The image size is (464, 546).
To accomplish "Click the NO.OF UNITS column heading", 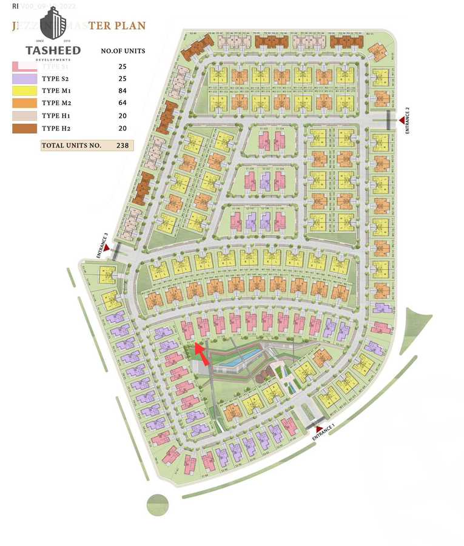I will point(123,50).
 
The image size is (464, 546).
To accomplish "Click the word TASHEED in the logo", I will point(53,50).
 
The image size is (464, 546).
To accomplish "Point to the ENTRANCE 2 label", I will point(408,120).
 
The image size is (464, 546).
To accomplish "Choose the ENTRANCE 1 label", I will point(323,433).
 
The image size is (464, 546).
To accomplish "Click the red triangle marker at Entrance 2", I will point(401,121).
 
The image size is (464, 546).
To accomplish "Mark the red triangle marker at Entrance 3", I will point(107,248).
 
